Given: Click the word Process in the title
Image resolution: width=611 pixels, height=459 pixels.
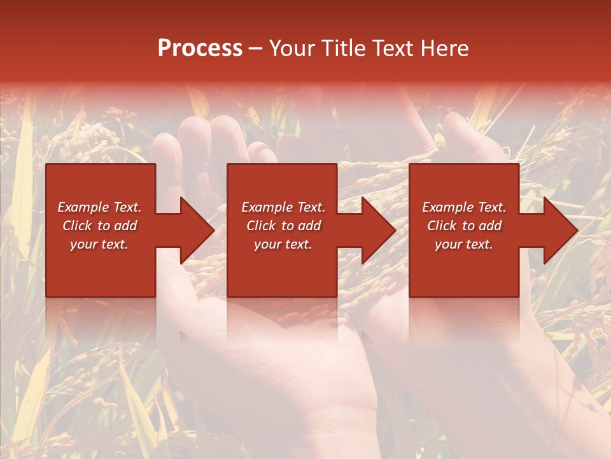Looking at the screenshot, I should (x=200, y=48).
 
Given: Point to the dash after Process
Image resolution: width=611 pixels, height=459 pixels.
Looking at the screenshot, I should (x=255, y=48).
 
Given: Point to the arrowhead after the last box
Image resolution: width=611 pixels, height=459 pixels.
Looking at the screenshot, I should (x=559, y=230).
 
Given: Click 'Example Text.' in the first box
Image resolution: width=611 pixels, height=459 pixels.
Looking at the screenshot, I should (x=99, y=207).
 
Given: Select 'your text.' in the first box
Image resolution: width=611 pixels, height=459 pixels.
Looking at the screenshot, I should (x=99, y=244).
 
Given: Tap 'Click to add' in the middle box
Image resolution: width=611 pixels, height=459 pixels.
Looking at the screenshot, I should (x=283, y=226).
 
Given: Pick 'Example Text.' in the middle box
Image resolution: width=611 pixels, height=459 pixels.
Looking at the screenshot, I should (x=283, y=207).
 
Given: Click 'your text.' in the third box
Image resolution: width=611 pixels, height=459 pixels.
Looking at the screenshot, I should (x=464, y=244).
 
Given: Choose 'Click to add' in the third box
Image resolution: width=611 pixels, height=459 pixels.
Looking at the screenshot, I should (x=464, y=226).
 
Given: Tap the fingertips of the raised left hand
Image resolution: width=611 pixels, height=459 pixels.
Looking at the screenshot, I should (x=210, y=131).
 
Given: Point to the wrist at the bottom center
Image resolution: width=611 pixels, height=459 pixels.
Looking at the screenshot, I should (x=305, y=408).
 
